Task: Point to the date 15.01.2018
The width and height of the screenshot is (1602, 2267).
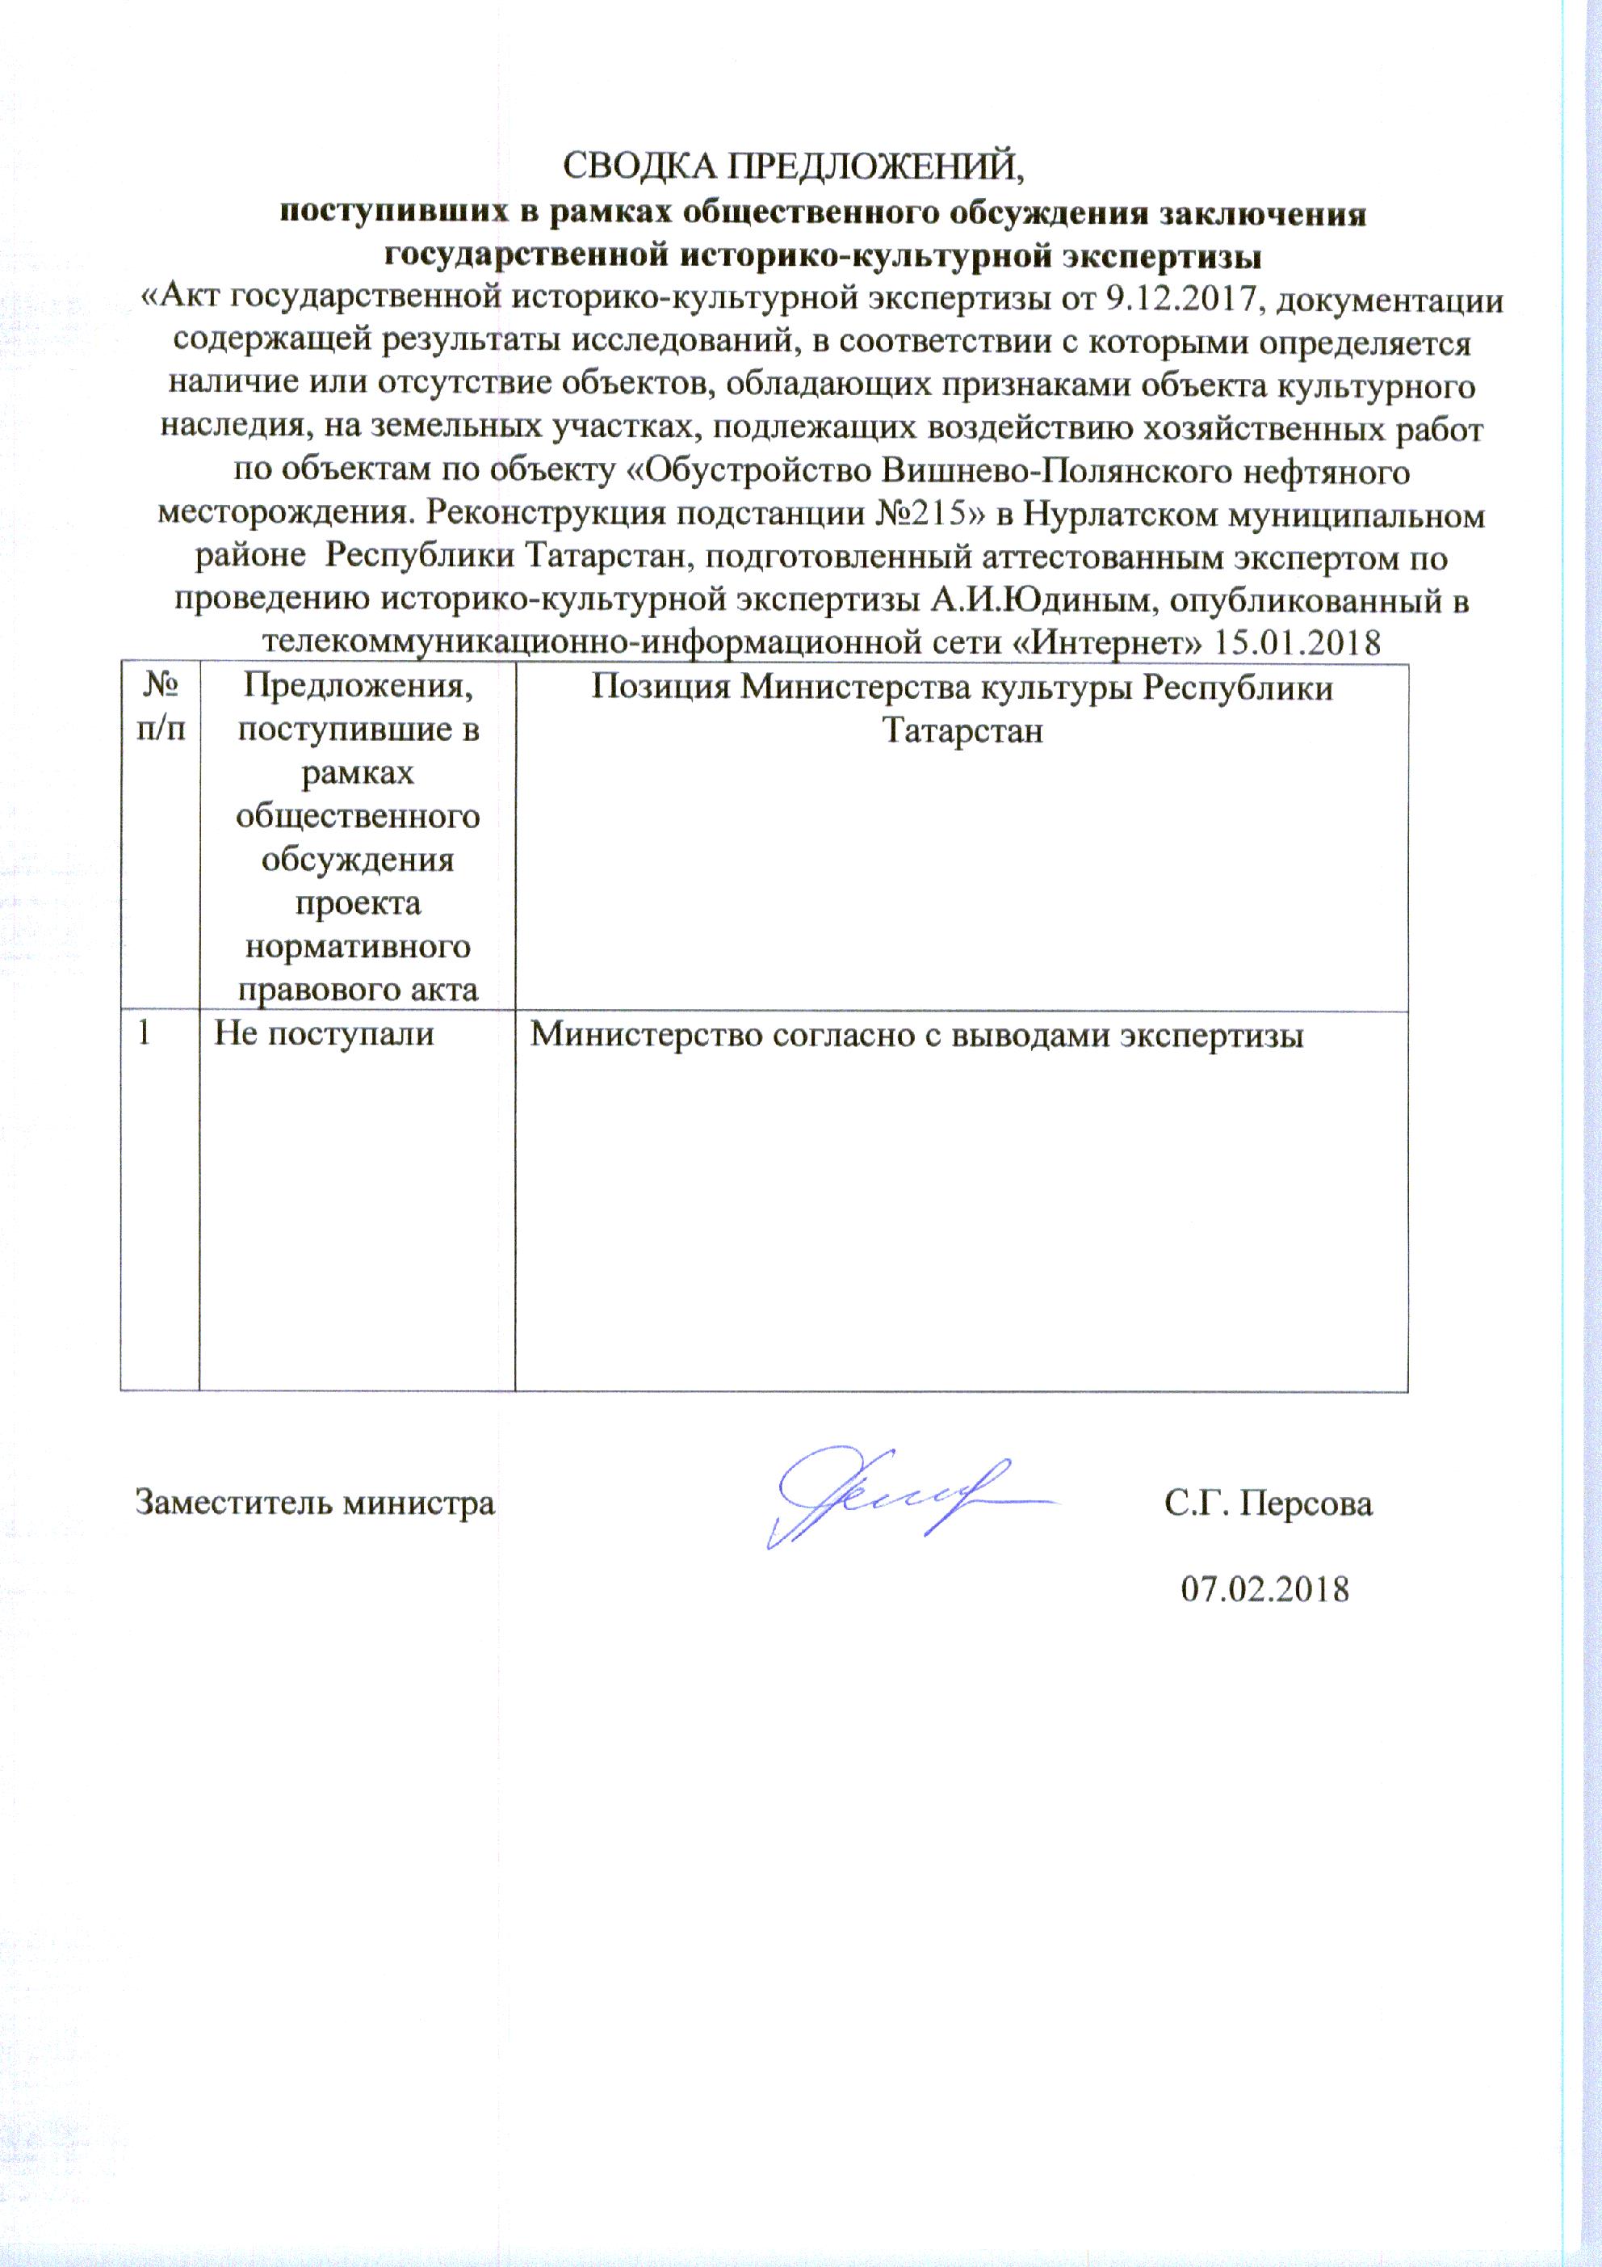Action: tap(1296, 643)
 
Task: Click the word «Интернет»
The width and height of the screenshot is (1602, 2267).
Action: tap(1109, 643)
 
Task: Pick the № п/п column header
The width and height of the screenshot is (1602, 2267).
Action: tap(160, 707)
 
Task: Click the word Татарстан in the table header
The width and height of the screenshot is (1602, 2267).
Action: tap(962, 730)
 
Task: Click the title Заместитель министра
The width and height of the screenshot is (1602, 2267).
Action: tap(315, 1503)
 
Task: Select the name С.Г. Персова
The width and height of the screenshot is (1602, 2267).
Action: tap(1268, 1503)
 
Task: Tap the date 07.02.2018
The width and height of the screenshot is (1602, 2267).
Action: tap(1264, 1588)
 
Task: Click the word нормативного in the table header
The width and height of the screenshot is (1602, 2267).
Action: tap(358, 947)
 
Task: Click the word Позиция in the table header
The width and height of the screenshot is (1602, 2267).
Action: tap(661, 688)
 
